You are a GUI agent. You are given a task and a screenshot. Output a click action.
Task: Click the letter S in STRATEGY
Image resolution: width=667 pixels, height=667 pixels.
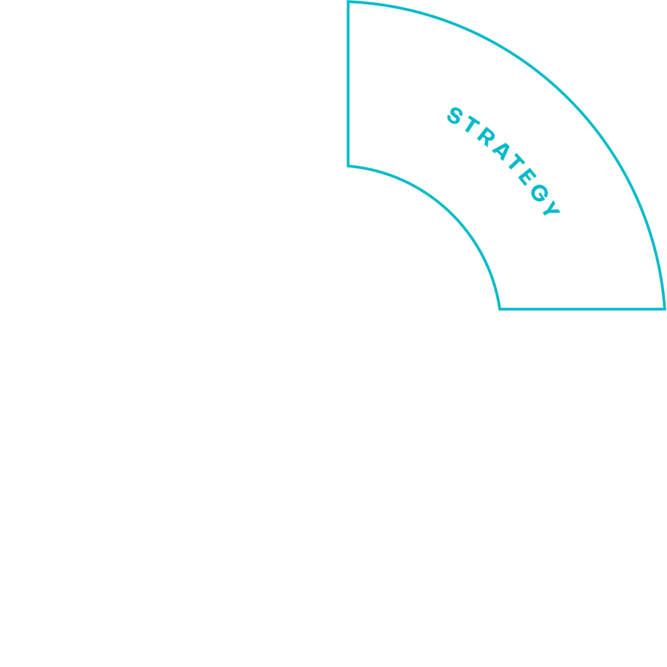[x=455, y=116]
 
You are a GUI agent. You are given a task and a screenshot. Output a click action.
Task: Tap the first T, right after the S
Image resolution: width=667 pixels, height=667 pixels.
[x=473, y=124]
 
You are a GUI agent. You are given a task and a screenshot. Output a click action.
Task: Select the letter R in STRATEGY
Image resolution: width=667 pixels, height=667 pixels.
[x=486, y=137]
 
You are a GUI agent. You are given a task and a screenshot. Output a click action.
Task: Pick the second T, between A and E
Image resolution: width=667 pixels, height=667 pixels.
[x=517, y=162]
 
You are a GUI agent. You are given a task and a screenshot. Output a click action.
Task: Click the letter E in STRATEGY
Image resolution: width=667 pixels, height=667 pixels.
[x=528, y=177]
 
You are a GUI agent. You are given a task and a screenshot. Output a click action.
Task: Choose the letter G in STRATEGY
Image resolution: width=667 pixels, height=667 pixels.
[x=539, y=193]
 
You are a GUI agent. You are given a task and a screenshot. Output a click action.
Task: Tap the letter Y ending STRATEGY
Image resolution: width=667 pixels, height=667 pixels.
[x=551, y=208]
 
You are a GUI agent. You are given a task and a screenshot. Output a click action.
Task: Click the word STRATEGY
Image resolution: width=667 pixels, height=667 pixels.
[x=504, y=162]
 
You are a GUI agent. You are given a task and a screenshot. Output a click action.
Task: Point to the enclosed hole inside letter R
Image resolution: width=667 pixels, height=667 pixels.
[x=487, y=135]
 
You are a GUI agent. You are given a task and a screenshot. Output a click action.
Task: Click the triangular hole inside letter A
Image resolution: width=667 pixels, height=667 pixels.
[x=501, y=150]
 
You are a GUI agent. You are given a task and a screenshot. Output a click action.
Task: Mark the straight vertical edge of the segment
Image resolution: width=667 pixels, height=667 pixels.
[x=348, y=83]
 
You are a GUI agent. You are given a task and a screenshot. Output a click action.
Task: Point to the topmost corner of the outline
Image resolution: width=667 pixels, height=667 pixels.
[x=348, y=1]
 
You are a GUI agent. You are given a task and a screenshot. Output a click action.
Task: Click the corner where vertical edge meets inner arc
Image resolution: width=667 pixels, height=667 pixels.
[x=348, y=166]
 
